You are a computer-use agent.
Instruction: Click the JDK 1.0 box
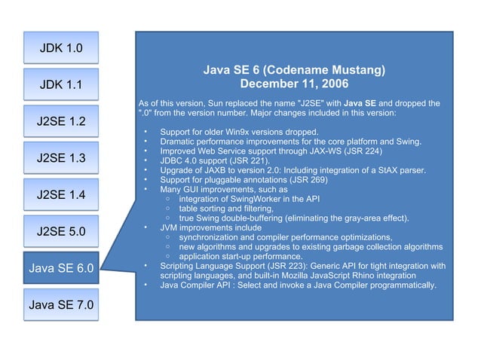tap(60, 48)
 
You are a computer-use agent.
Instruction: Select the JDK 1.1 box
tap(60, 84)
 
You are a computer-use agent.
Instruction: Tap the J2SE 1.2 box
tap(60, 121)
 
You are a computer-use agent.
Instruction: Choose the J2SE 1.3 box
tap(60, 158)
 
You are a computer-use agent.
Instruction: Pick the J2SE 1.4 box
tap(60, 195)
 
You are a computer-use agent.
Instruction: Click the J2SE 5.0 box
tap(60, 231)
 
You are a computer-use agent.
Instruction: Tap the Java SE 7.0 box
tap(60, 305)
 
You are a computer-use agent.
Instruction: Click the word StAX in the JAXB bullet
tap(375, 170)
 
